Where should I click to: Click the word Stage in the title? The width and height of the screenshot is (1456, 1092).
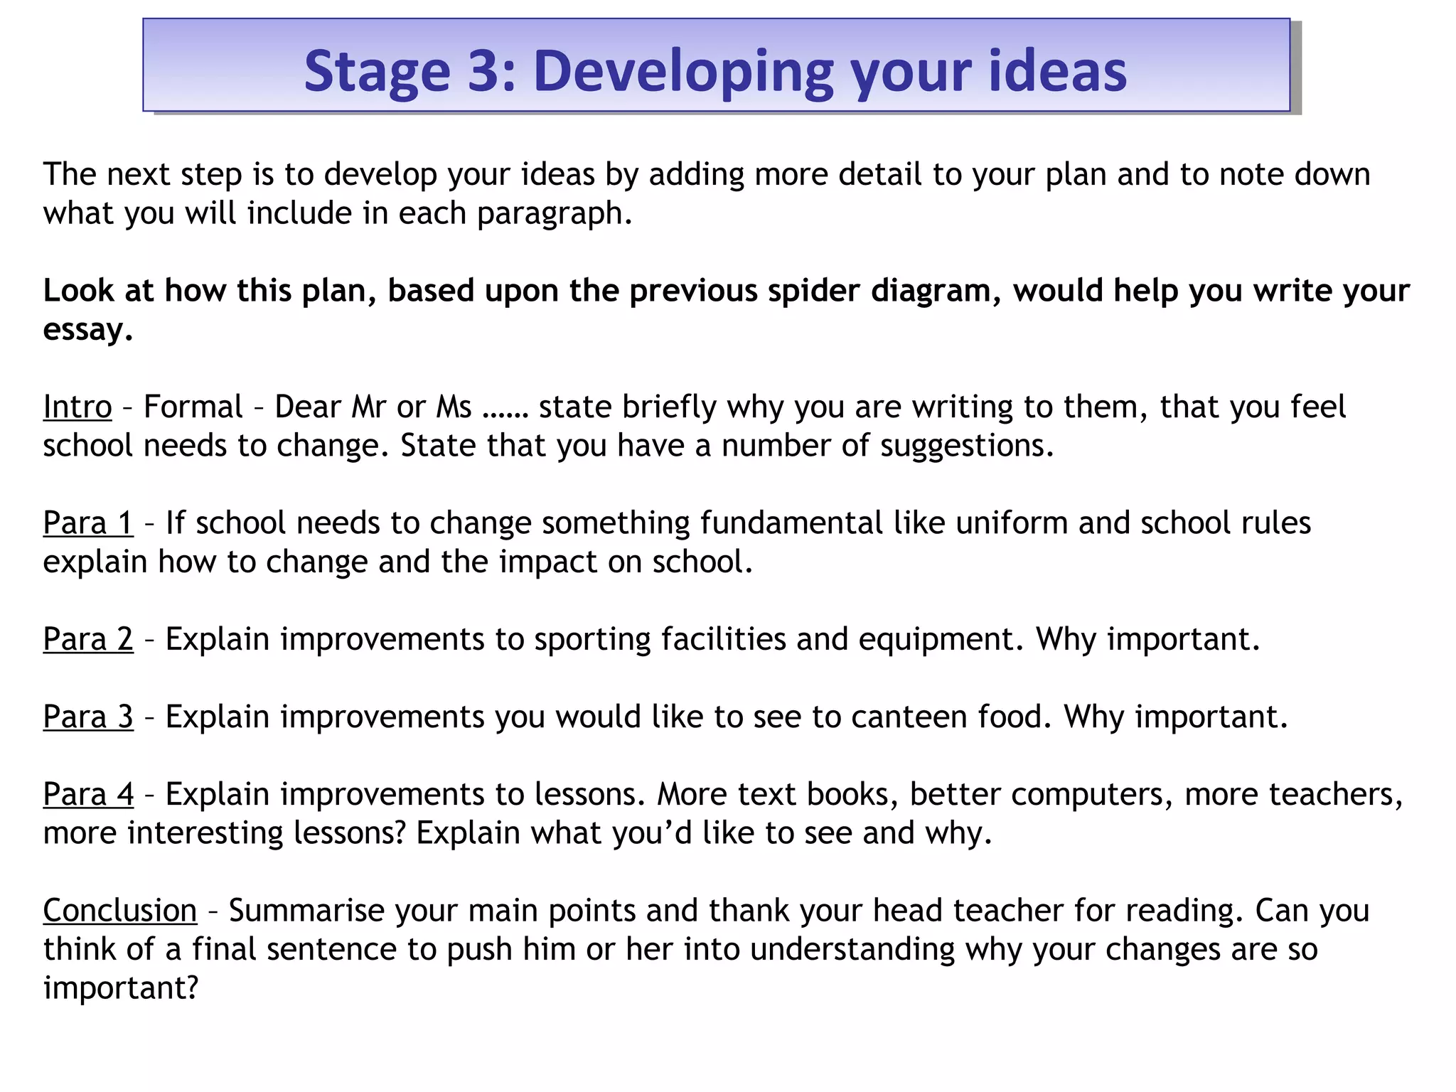pos(377,71)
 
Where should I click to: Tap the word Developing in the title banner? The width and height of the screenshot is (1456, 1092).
pos(682,73)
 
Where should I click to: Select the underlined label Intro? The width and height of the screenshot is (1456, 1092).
pos(77,407)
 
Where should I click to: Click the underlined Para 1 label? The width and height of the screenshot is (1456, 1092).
pos(88,523)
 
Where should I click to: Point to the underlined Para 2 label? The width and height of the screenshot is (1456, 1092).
pos(88,638)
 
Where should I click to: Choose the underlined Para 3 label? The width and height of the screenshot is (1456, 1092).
pos(88,716)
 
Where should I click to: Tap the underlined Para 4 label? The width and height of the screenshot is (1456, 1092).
pos(88,793)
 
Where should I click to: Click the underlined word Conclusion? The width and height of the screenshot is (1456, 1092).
pos(120,910)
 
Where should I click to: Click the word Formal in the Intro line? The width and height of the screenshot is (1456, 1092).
pos(193,407)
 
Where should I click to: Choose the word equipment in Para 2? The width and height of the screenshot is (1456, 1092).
pos(937,640)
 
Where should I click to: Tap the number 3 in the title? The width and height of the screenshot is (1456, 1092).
pos(484,71)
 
